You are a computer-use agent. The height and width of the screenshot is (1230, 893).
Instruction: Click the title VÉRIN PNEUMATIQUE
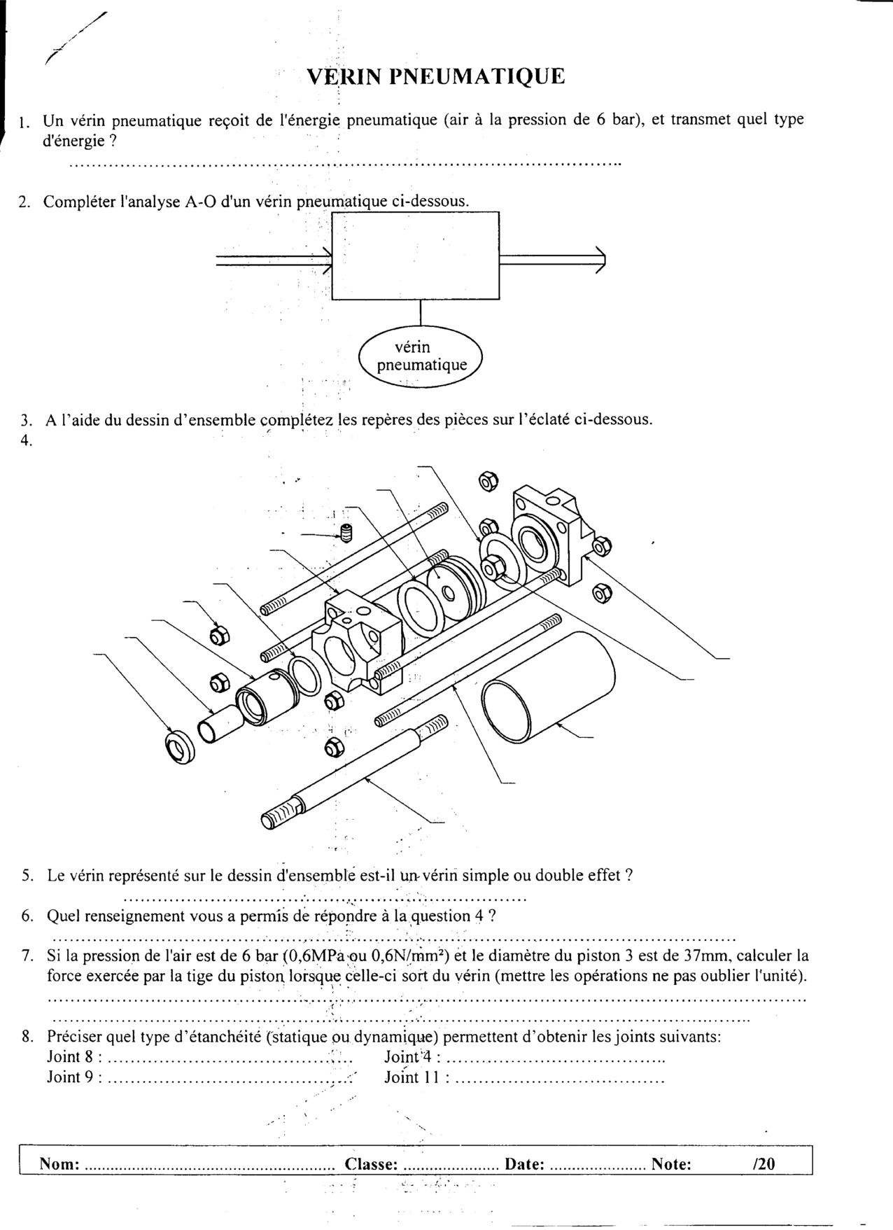pos(435,76)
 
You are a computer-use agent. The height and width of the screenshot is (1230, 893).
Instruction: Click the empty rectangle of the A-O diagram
pos(415,256)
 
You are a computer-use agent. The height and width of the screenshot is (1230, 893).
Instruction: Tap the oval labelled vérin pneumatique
pos(421,356)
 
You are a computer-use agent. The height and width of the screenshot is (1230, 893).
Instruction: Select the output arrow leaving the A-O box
pos(553,260)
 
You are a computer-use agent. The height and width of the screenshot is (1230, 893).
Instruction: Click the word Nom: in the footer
pos(59,1164)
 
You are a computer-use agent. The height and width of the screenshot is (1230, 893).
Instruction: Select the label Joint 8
pos(70,1057)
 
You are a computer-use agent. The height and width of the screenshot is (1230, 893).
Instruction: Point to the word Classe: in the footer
pos(371,1164)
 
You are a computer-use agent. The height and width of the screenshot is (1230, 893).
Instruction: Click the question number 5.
pos(27,875)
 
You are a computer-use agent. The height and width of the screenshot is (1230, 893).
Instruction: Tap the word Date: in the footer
pos(524,1164)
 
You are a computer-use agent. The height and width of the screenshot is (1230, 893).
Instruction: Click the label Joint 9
pos(70,1077)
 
